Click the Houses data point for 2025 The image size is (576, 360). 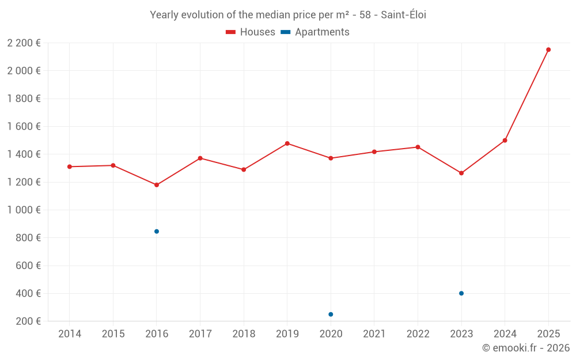pos(548,50)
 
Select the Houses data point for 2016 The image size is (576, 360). pos(157,185)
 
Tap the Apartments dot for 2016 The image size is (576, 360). pos(157,232)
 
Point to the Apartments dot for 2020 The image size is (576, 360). pos(331,314)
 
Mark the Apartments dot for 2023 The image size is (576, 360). pos(461,293)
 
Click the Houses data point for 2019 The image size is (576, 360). pos(287,143)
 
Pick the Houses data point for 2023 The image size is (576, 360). pos(461,173)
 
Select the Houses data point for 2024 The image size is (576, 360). pos(505,141)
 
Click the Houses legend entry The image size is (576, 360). pos(251,32)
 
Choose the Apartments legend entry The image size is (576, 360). pos(315,32)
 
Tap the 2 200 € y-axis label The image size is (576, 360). pos(24,43)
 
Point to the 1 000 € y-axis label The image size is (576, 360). pos(24,210)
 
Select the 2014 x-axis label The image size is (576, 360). pos(70,334)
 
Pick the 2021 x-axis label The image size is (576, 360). pos(374,334)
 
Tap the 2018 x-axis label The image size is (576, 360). pos(244,334)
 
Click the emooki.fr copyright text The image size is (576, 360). pos(525,348)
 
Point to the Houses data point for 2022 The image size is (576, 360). pos(418,147)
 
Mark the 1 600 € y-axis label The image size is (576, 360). pos(24,127)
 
